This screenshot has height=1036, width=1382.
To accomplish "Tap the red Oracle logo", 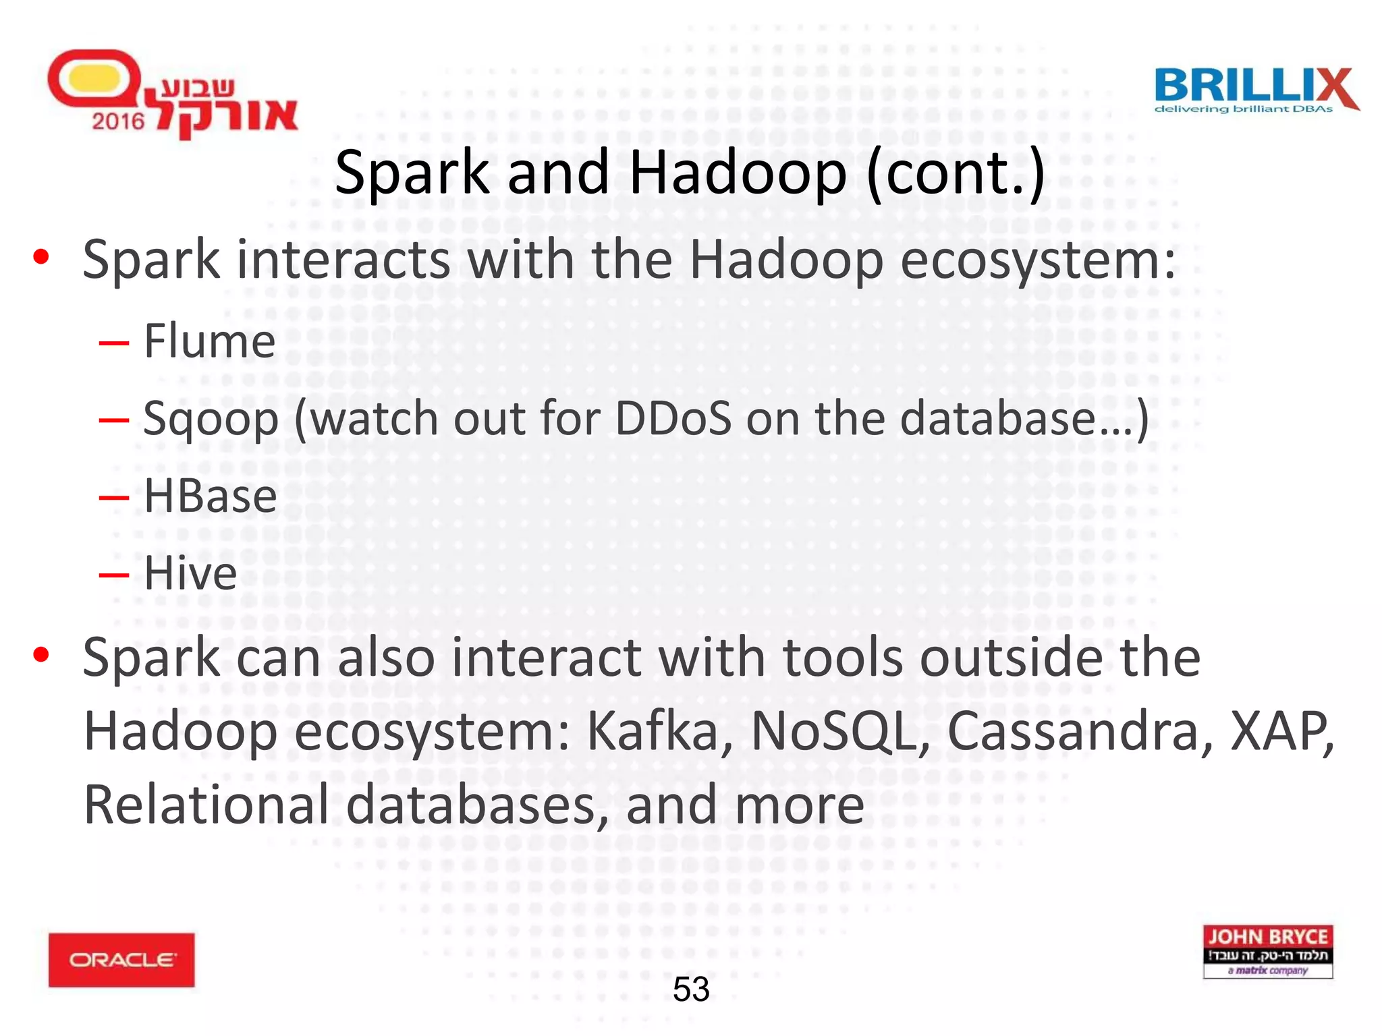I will [x=121, y=960].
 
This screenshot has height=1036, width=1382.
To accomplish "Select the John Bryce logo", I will [x=1267, y=951].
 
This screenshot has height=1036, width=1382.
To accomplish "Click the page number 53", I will [x=691, y=989].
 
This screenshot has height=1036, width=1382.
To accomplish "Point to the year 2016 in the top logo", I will [x=118, y=121].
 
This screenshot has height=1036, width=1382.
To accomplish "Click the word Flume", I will [x=210, y=341].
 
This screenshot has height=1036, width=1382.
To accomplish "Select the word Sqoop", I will [x=211, y=420].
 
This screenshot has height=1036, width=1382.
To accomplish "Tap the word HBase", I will [x=211, y=496].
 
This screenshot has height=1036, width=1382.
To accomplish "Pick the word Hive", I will [x=190, y=574].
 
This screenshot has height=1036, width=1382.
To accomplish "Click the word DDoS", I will [x=673, y=418].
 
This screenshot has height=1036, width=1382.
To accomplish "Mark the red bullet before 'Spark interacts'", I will [x=41, y=257].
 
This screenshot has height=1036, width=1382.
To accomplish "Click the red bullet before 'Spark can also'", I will [x=41, y=654].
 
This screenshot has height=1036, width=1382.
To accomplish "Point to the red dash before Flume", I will [x=113, y=343].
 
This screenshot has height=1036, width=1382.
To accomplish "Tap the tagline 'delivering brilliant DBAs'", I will [x=1244, y=109].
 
